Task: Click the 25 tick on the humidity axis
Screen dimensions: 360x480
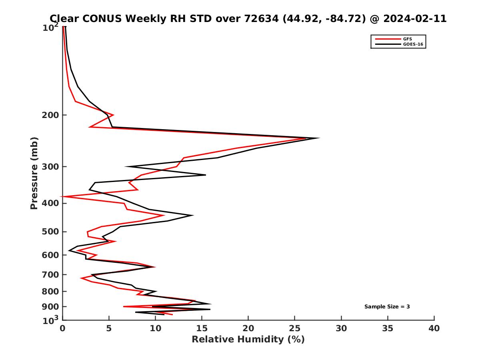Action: pos(295,328)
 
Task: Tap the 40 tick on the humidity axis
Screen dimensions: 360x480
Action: pos(434,328)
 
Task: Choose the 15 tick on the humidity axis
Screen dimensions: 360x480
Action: pos(202,328)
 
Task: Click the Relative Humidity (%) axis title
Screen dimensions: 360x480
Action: pos(248,340)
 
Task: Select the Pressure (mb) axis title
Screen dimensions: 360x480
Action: pos(34,173)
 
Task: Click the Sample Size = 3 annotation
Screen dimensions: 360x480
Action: pos(387,307)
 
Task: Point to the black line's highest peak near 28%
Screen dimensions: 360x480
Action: pos(319,138)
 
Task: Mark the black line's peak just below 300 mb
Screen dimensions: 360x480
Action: pos(205,175)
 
